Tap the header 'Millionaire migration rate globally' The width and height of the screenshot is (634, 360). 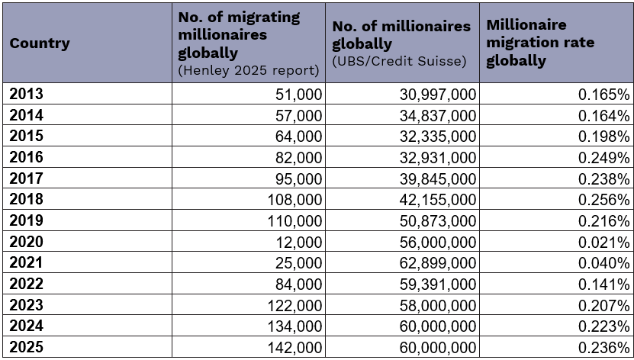539,43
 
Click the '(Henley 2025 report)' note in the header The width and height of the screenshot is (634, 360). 247,71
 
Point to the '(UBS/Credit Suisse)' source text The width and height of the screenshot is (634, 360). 399,61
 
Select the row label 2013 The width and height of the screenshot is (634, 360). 27,94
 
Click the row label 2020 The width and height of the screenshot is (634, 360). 27,242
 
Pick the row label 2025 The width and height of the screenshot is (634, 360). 27,347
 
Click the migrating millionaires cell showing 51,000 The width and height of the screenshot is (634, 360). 299,95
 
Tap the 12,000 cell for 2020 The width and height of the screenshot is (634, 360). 299,243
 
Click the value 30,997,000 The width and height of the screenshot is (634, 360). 438,95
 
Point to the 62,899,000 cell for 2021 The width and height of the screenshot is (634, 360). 438,263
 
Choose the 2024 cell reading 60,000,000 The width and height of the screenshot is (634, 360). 438,326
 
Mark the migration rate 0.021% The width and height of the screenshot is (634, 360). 603,243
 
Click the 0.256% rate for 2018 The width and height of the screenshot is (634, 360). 603,200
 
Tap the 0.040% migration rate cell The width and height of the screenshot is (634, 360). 603,263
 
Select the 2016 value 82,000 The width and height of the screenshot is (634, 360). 299,158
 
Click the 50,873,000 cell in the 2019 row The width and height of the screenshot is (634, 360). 438,221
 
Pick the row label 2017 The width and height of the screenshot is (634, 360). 27,178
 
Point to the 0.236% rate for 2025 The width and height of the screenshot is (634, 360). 603,348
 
